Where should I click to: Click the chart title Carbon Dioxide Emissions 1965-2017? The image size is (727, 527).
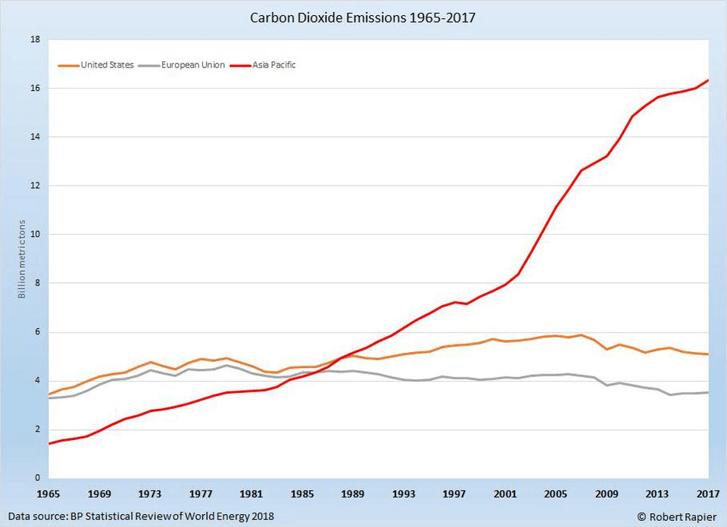pyautogui.click(x=363, y=17)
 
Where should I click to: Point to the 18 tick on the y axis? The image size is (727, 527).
pyautogui.click(x=35, y=39)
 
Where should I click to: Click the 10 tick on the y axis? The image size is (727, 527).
pyautogui.click(x=35, y=235)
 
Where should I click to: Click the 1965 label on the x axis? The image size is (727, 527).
pyautogui.click(x=48, y=494)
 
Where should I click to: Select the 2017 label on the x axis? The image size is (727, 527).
pyautogui.click(x=709, y=494)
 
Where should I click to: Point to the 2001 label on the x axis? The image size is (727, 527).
pyautogui.click(x=506, y=494)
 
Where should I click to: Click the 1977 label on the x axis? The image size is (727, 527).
pyautogui.click(x=201, y=494)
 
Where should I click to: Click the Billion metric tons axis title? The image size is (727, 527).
pyautogui.click(x=22, y=259)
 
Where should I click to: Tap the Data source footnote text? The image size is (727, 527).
pyautogui.click(x=141, y=516)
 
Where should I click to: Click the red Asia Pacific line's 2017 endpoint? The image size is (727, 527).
pyautogui.click(x=709, y=80)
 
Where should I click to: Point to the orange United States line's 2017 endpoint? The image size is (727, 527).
pyautogui.click(x=709, y=354)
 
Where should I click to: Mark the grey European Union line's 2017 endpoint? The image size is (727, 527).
pyautogui.click(x=709, y=392)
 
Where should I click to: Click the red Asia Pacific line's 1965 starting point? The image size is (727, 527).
pyautogui.click(x=49, y=444)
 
